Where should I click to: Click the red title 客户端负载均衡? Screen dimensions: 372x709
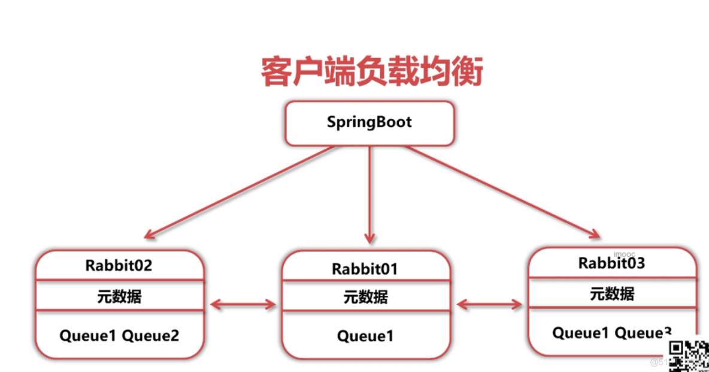[371, 73]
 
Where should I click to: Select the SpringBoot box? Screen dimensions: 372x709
[369, 123]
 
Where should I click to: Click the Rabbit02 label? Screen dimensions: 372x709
[119, 265]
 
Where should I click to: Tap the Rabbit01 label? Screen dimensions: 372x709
[365, 269]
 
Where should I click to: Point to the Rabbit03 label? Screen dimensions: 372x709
[611, 263]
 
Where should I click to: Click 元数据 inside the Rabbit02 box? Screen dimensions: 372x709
[119, 296]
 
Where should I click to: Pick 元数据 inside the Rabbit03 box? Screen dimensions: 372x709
[612, 293]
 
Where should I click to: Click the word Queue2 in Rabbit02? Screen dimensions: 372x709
[150, 335]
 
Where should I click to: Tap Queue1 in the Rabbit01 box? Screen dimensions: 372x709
[365, 336]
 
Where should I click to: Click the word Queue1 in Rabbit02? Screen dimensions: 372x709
[87, 335]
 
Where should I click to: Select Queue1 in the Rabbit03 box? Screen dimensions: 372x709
[580, 333]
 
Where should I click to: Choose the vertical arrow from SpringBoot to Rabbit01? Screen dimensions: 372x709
[369, 192]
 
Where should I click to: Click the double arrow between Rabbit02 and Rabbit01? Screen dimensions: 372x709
[243, 305]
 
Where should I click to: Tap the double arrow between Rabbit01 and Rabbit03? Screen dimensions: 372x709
[489, 305]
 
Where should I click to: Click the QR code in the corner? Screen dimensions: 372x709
[689, 354]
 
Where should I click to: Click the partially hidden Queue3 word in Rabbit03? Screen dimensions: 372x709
[643, 333]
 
